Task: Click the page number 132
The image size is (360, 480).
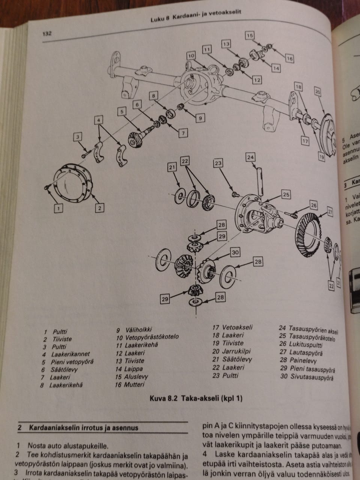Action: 47,34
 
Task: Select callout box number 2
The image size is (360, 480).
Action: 99,208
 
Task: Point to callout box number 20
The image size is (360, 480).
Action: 317,91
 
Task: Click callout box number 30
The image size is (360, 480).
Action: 235,252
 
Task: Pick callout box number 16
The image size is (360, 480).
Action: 289,58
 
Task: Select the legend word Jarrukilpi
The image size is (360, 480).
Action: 236,351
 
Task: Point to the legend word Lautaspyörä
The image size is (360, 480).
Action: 306,353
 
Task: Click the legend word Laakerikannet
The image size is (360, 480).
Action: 70,354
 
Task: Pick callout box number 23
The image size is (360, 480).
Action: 218,163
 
